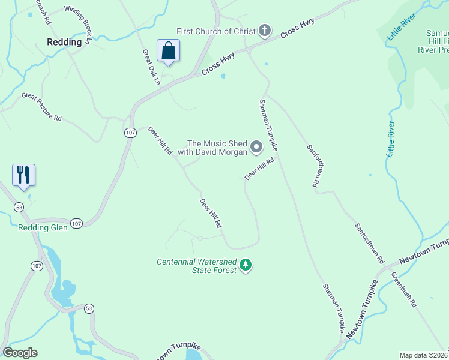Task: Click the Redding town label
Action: click(x=64, y=42)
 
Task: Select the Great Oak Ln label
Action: click(x=151, y=66)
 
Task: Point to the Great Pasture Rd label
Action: click(x=41, y=107)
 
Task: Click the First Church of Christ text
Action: click(x=216, y=31)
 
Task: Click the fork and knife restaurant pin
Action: click(x=24, y=175)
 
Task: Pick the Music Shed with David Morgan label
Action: click(x=217, y=148)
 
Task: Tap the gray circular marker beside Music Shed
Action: click(x=256, y=147)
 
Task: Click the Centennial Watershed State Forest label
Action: click(x=196, y=266)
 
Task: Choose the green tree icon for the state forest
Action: click(x=245, y=265)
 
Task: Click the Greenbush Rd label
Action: click(x=404, y=290)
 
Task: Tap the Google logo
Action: click(x=20, y=353)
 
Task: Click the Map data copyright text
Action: click(x=424, y=355)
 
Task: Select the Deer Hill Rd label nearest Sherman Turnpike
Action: click(x=259, y=169)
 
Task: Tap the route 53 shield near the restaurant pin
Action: click(x=19, y=207)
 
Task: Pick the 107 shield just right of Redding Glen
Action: click(x=76, y=223)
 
